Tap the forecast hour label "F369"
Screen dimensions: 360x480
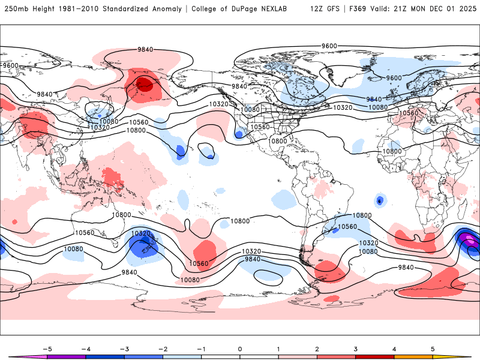click(358, 10)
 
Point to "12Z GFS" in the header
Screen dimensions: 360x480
click(325, 10)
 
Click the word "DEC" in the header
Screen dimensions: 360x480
click(430, 10)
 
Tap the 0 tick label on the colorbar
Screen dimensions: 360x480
click(240, 348)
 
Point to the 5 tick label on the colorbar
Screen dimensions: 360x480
click(433, 348)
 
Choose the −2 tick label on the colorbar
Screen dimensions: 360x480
click(163, 348)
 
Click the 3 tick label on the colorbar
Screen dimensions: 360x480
click(356, 348)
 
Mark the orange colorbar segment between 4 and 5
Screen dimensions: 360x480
click(413, 356)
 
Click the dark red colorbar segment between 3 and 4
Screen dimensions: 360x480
click(375, 356)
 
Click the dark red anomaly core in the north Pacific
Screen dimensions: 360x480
click(145, 84)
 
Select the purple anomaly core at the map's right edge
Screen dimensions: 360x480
click(469, 240)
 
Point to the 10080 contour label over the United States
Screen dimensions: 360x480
click(251, 110)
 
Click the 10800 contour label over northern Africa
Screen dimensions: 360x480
click(392, 151)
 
